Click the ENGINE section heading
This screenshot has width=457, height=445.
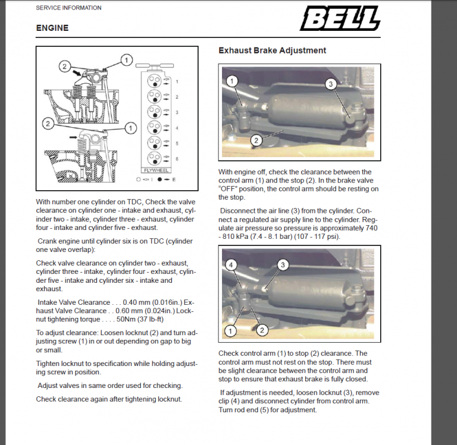point(52,28)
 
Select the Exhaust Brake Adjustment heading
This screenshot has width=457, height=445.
point(272,51)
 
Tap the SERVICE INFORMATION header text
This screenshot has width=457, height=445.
point(68,8)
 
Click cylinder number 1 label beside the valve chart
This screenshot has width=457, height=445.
point(177,81)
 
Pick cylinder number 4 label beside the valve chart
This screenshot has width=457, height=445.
point(177,128)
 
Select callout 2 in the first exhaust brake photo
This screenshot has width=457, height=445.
point(256,140)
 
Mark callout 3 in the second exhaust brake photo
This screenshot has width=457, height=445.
point(283,264)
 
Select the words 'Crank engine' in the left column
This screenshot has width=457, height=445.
point(60,241)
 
